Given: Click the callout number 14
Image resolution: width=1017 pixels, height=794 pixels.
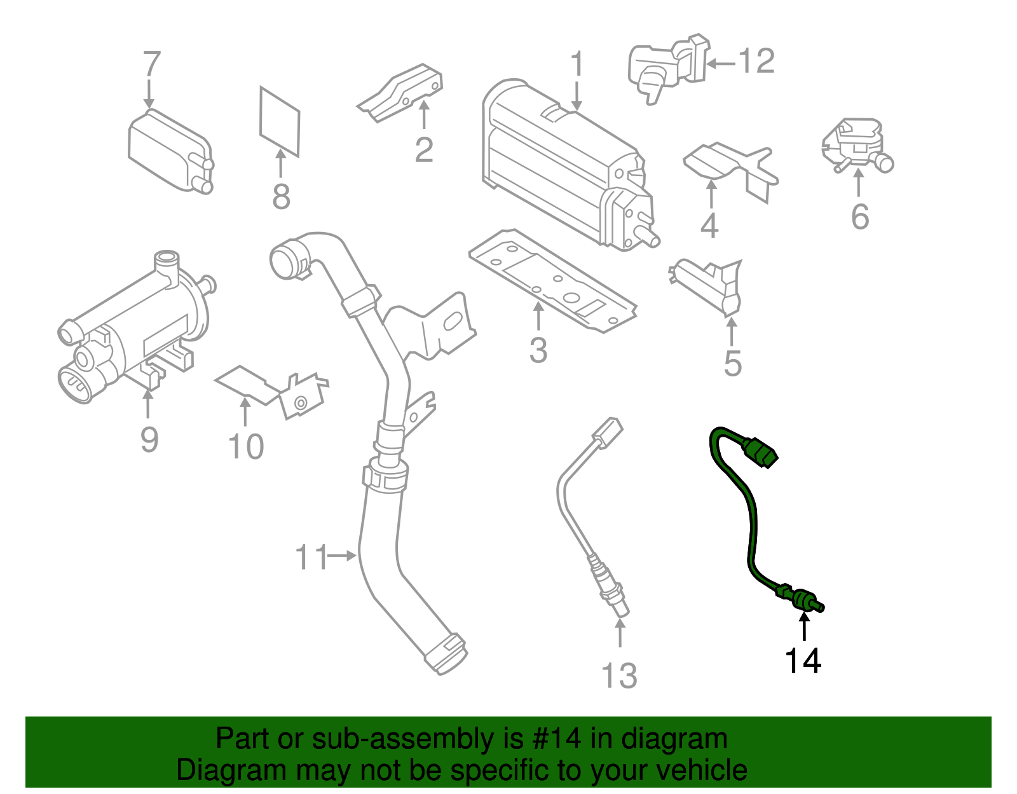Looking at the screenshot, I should (x=803, y=661).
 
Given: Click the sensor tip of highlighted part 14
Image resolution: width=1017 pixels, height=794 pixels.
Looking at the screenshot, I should (x=817, y=606).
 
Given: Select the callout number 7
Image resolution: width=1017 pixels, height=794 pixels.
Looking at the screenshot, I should (x=151, y=64).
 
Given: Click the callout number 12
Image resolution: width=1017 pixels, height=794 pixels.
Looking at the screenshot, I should (x=756, y=62).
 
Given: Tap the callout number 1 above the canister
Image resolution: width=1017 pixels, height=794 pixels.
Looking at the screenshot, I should (x=577, y=64).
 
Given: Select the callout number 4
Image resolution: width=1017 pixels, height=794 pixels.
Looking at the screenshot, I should (x=709, y=226).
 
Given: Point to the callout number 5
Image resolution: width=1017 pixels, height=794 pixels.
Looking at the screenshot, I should (x=732, y=364).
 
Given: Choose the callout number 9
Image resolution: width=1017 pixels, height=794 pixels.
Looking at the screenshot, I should (x=149, y=439).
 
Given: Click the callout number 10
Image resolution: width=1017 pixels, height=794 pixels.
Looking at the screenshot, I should (x=246, y=447).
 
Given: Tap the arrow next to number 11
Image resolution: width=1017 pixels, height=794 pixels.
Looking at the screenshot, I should (x=343, y=556).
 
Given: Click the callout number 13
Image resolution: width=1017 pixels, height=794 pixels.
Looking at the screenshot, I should (x=619, y=676).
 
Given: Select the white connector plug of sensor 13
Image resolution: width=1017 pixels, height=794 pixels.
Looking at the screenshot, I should (x=608, y=432).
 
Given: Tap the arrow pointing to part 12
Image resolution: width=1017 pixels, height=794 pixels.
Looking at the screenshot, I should (x=721, y=63).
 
